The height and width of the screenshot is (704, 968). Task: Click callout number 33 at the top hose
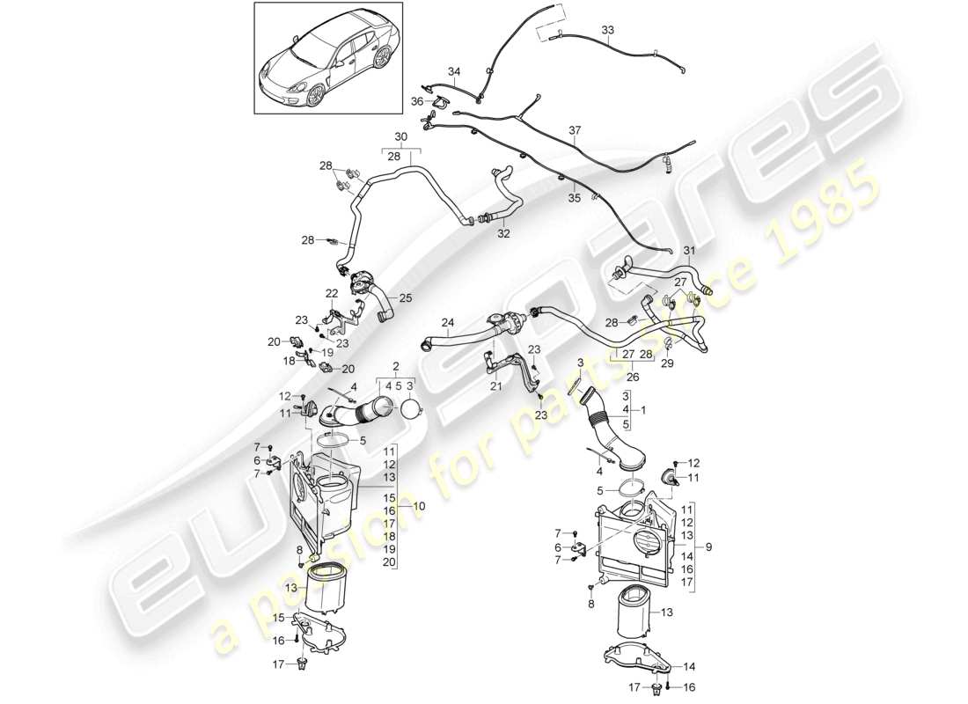pos(608,29)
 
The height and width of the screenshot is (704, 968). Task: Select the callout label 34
pos(454,71)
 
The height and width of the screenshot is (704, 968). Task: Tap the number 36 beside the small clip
pos(417,101)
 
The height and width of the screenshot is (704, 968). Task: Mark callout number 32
pos(503,234)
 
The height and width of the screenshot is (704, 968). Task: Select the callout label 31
pos(689,251)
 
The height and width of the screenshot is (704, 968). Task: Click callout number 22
pos(332,294)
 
